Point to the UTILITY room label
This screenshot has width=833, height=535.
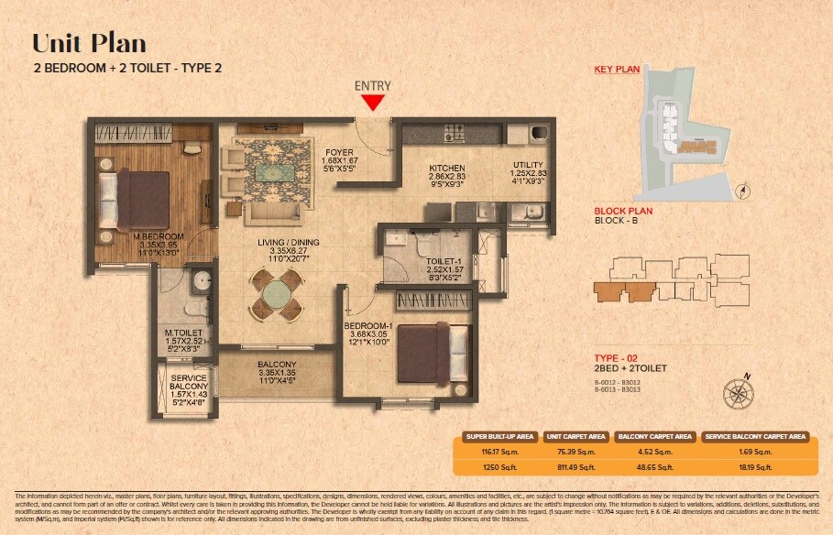528,165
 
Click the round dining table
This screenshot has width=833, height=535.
275,295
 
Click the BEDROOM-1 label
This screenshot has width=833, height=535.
368,325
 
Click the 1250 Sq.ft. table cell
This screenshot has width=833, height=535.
499,465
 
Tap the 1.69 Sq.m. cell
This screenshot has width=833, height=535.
757,452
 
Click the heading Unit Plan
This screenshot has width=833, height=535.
89,43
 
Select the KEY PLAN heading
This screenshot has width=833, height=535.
615,69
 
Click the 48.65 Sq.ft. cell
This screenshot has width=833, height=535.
653,465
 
